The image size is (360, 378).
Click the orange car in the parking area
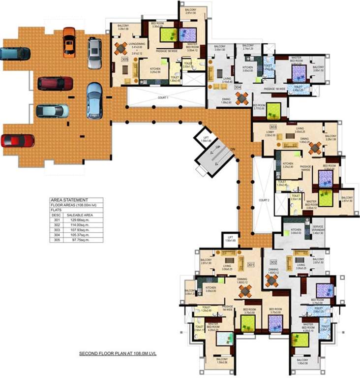(x=69, y=42)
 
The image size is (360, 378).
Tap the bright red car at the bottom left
(x=18, y=141)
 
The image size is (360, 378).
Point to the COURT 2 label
(x=265, y=200)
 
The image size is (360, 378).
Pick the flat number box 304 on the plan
(x=238, y=87)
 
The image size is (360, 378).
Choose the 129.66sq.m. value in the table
(x=76, y=219)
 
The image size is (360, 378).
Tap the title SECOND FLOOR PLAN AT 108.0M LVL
(x=118, y=353)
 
